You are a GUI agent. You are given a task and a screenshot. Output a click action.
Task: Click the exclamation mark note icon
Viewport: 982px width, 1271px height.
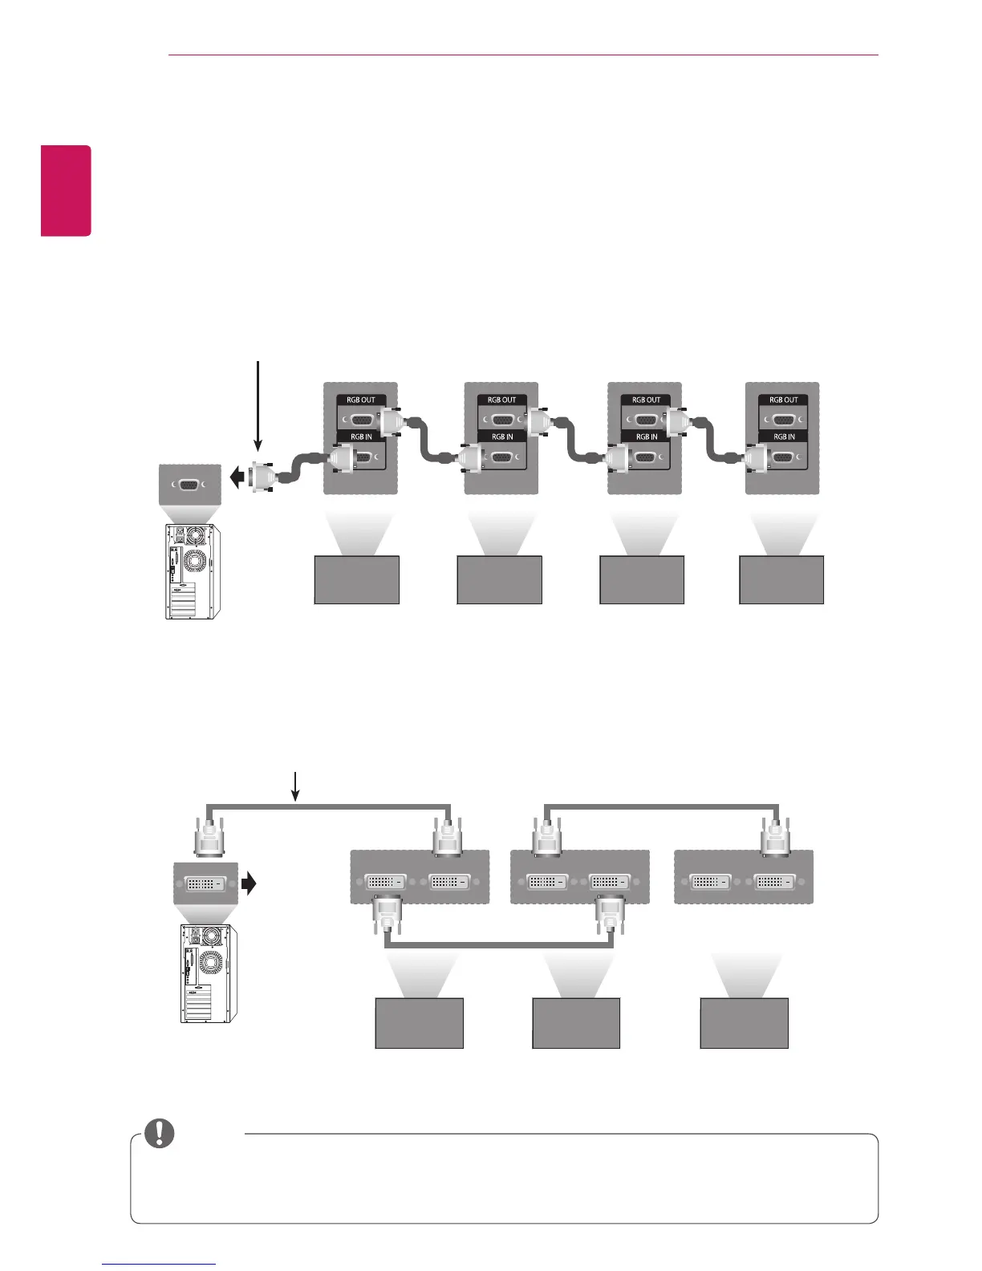tap(160, 1132)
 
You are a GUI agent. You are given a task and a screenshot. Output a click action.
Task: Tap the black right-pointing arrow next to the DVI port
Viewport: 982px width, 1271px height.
tap(250, 883)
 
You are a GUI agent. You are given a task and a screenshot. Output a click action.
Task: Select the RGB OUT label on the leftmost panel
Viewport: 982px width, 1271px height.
tap(361, 400)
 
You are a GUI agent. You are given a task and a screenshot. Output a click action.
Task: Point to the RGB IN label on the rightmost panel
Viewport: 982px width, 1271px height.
tap(784, 437)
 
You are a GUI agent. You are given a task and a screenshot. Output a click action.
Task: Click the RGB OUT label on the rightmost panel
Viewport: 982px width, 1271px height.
tap(784, 400)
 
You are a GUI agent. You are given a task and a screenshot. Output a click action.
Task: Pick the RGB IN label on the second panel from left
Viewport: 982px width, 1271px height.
tap(502, 437)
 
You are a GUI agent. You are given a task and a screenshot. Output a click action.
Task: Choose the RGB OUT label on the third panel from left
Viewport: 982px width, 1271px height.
tap(646, 400)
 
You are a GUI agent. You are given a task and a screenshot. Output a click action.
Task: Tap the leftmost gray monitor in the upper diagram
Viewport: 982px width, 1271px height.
tap(357, 579)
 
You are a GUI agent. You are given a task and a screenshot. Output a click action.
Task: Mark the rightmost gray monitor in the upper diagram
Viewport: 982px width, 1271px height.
tap(781, 579)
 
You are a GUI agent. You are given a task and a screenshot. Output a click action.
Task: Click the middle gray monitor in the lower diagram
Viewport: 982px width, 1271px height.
tap(576, 1023)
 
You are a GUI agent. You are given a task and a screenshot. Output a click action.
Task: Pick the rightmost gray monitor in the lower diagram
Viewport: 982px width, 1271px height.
tap(745, 1023)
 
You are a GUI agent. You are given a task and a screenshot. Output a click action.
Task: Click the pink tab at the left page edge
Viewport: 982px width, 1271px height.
tap(67, 190)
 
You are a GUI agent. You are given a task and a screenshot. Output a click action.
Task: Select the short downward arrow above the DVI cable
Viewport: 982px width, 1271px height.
tap(295, 786)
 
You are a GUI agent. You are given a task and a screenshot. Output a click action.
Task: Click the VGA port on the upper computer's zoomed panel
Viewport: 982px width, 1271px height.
tap(190, 485)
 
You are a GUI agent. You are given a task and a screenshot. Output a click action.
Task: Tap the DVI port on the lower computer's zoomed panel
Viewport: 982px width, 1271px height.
tap(205, 883)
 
